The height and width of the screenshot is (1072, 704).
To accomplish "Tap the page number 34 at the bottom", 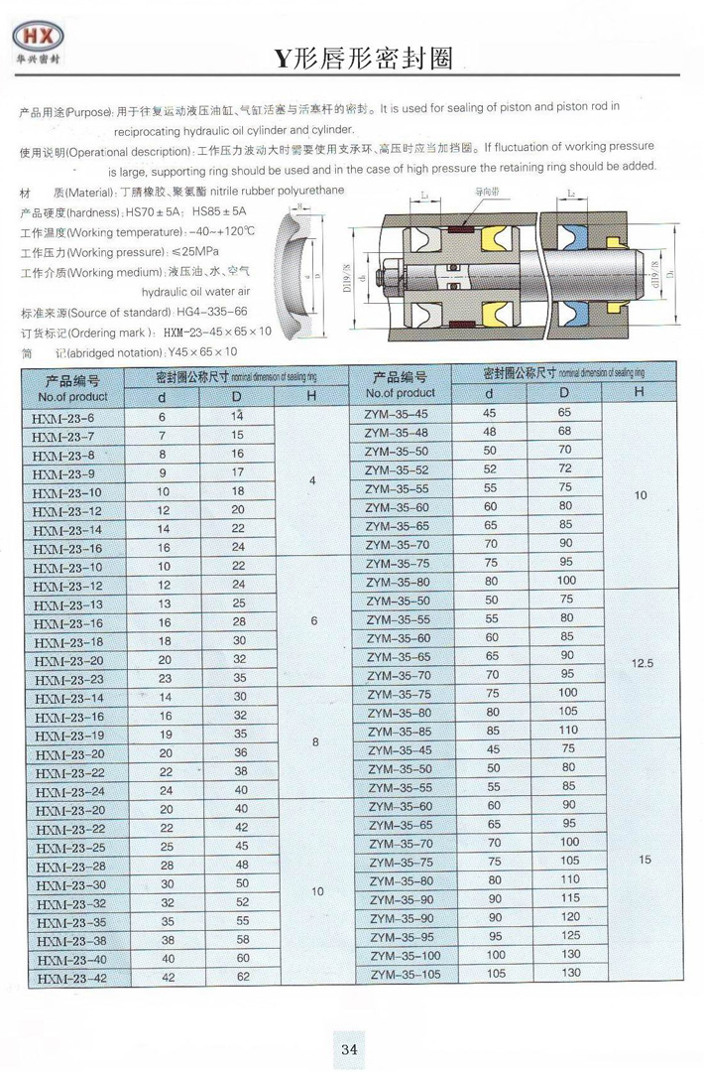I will coord(349,1049).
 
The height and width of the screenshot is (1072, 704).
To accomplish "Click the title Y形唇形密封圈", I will coord(364,60).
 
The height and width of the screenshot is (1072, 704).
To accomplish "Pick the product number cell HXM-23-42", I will coord(69,979).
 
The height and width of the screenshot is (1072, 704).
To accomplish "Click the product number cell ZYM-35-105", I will coord(404,974).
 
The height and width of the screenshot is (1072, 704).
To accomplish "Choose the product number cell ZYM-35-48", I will coord(397,432).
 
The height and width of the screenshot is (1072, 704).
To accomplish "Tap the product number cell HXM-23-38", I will coord(69,941).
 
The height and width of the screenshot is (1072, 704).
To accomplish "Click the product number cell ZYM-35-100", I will coord(404,955).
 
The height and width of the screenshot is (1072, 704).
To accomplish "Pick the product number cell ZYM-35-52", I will coord(397,469).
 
